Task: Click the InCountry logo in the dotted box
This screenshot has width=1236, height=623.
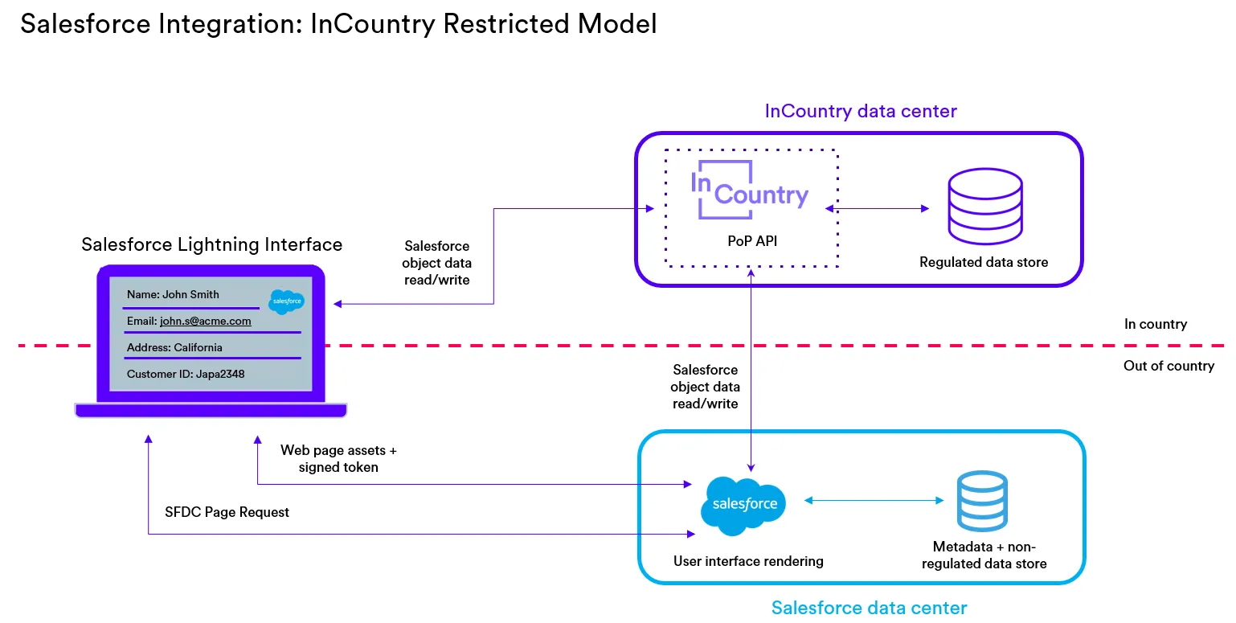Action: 749,190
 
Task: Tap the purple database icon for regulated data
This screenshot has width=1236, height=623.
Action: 984,208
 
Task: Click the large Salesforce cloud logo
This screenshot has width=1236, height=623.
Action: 743,505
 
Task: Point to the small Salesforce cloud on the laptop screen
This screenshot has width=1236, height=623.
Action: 287,302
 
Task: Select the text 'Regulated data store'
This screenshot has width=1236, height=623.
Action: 984,262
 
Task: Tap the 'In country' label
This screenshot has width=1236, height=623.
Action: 1155,324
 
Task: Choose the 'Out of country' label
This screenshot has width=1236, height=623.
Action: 1168,366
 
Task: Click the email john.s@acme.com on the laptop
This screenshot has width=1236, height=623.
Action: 205,321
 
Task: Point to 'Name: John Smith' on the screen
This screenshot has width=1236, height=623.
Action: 173,294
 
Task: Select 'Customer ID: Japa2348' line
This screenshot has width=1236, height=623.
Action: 186,374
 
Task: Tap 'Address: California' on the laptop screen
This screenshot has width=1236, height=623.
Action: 174,347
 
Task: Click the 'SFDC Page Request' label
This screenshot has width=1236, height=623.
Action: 227,512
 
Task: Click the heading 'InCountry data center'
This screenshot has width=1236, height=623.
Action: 861,111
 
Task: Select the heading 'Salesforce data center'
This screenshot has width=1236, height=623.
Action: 869,607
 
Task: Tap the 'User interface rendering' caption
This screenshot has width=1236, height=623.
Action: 748,561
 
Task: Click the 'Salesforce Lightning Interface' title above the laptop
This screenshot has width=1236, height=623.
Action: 212,244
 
